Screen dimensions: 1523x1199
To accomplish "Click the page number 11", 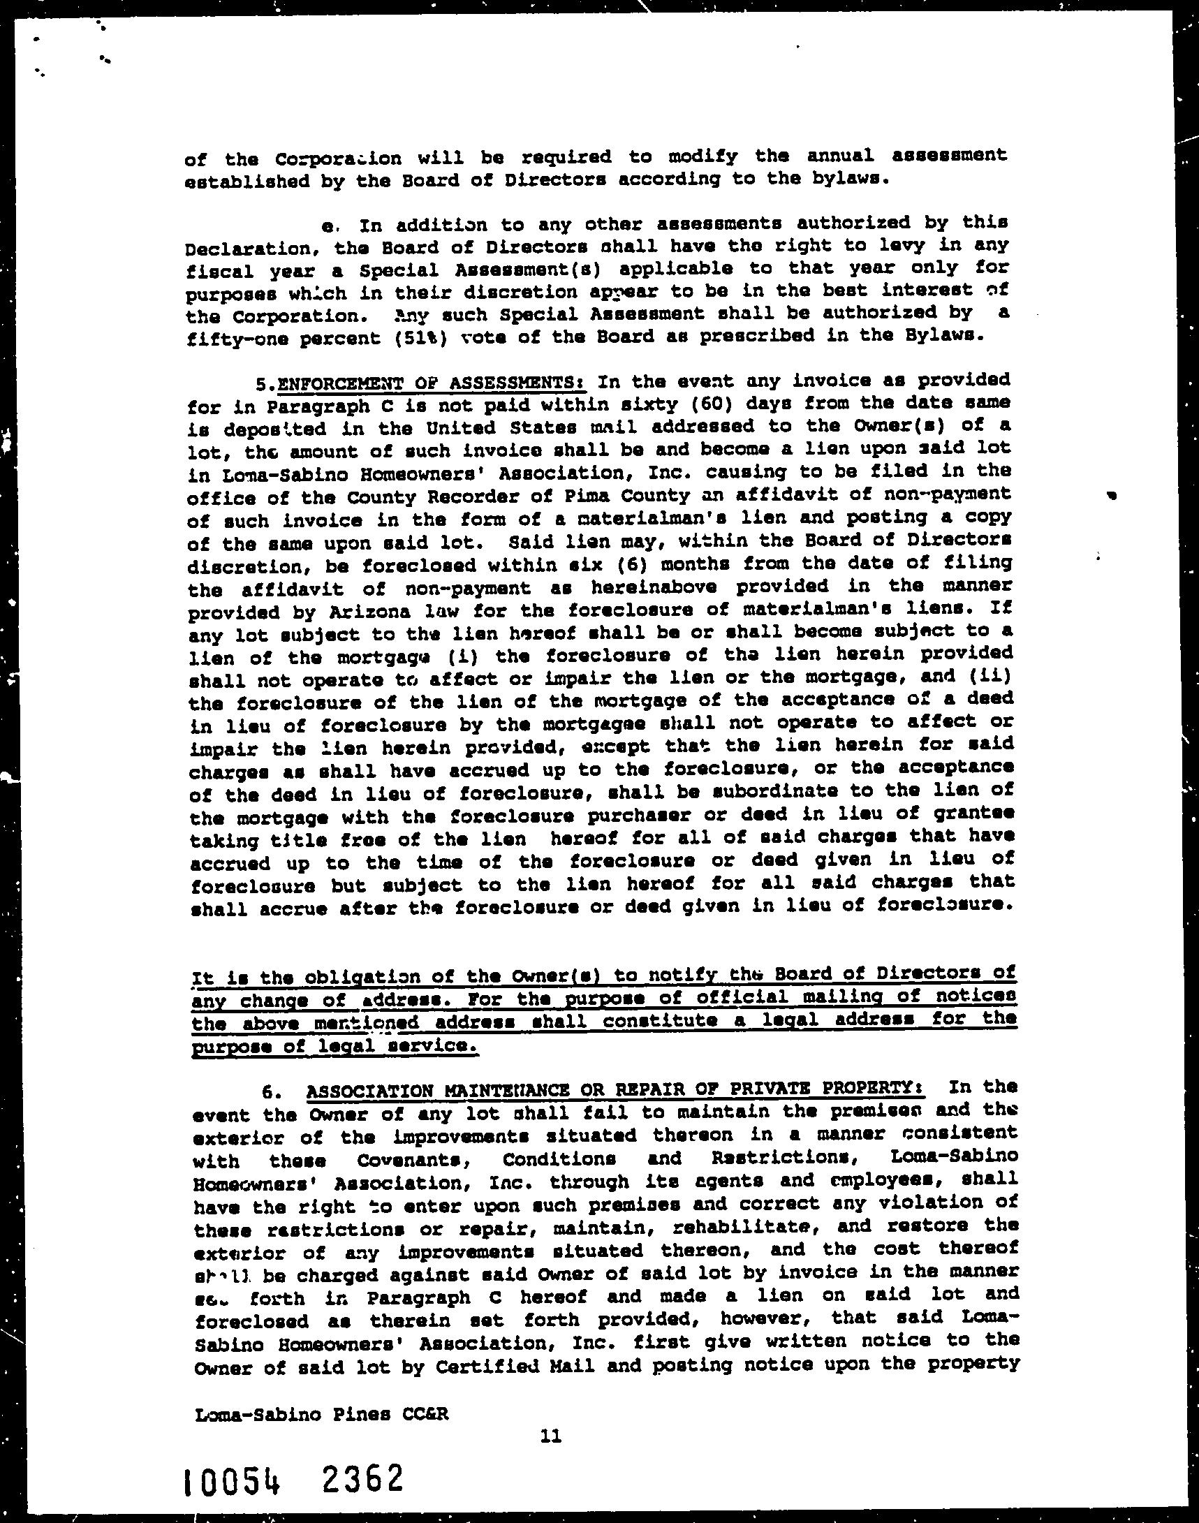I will (551, 1436).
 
